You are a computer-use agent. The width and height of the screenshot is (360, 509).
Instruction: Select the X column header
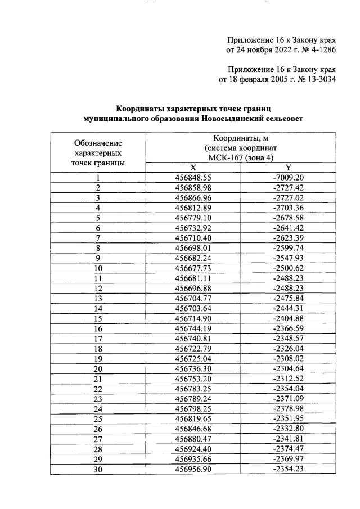(x=193, y=168)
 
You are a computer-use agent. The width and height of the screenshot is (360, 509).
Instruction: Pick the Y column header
(x=288, y=168)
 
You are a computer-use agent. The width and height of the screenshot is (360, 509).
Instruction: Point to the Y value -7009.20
(x=288, y=178)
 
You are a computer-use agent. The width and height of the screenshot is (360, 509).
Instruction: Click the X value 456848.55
(x=193, y=178)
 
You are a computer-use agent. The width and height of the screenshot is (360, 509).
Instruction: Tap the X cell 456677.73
(x=193, y=268)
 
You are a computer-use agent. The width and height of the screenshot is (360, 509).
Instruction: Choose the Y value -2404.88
(x=288, y=318)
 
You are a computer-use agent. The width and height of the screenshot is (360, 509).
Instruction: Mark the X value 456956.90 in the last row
(x=193, y=469)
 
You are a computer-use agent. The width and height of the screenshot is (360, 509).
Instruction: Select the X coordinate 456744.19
(x=193, y=328)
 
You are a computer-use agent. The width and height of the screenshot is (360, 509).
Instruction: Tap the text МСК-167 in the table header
(x=224, y=158)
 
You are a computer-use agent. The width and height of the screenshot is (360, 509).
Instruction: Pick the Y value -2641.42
(x=288, y=228)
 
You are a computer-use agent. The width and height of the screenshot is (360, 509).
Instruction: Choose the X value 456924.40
(x=193, y=449)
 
